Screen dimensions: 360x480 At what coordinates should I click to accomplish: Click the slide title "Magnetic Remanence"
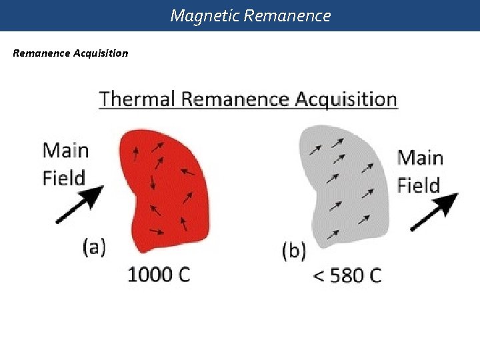250,15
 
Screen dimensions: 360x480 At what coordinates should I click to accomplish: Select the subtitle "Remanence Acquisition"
71,53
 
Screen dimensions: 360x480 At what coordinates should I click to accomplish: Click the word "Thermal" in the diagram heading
138,100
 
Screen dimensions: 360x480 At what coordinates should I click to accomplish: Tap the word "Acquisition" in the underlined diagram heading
345,100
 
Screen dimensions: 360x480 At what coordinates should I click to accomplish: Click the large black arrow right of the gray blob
434,211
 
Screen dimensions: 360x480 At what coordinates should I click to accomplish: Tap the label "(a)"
95,247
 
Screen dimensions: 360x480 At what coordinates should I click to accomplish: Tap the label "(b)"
294,251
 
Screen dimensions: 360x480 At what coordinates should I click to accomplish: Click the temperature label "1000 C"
159,274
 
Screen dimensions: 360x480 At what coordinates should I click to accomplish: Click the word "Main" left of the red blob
66,150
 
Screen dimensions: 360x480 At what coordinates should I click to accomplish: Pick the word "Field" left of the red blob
64,178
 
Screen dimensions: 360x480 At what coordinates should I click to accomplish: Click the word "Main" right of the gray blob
420,158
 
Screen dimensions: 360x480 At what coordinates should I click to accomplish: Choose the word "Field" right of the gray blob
419,185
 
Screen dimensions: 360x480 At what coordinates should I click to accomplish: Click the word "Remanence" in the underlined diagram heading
235,100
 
